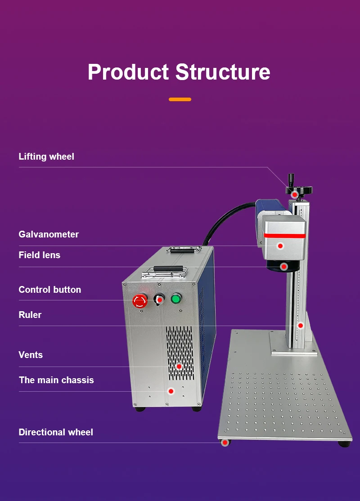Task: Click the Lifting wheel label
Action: coord(46,157)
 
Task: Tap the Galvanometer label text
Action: coord(49,234)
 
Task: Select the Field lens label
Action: coord(39,255)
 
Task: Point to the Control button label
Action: coord(50,290)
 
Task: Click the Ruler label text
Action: coord(30,315)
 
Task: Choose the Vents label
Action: coord(31,355)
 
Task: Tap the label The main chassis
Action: coord(56,380)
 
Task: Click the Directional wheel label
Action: coord(56,432)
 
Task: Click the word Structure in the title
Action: coord(223,72)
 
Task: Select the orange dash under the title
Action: coord(180,99)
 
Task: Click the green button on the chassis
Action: coord(175,298)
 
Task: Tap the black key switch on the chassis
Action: coord(158,299)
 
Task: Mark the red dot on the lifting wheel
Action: coord(295,195)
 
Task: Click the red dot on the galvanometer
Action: coord(280,246)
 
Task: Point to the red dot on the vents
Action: coord(179,367)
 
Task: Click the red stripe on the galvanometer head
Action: coord(284,235)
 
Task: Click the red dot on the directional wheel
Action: coord(224,443)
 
